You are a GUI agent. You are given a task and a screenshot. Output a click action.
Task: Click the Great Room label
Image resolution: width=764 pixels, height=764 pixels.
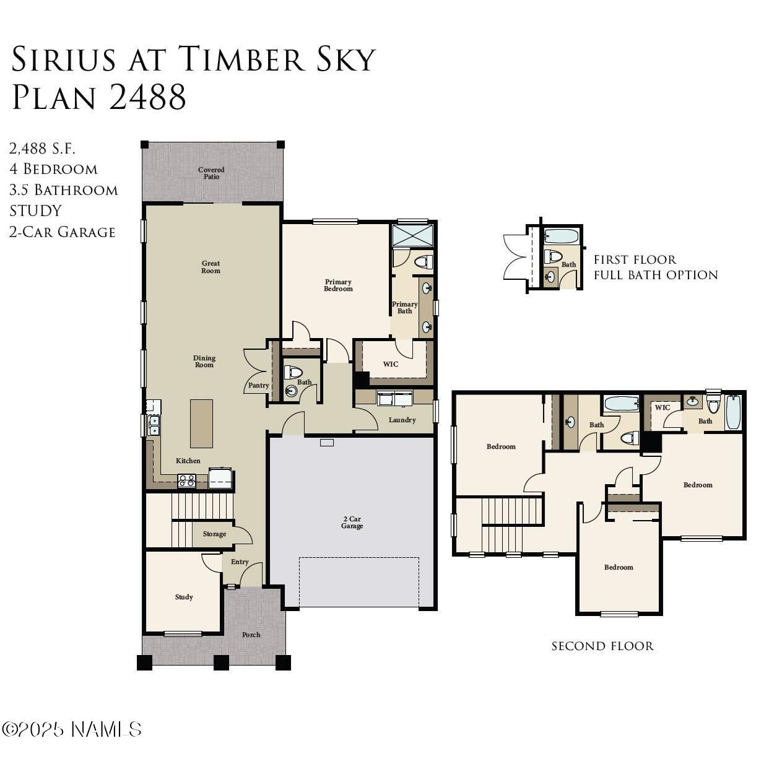point(211,267)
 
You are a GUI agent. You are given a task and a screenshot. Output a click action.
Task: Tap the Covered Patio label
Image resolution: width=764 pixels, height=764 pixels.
point(211,173)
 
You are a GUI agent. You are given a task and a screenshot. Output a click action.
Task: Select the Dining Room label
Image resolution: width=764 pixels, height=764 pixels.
point(204,361)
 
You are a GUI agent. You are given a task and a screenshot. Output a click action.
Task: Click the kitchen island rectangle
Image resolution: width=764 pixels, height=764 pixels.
point(201,423)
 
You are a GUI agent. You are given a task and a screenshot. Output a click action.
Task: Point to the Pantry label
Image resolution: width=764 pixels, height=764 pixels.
point(258,385)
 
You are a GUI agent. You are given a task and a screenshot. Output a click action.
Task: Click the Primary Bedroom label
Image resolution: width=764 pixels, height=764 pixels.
point(338,285)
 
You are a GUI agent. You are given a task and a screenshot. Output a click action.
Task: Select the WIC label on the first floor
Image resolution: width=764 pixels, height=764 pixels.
point(390,364)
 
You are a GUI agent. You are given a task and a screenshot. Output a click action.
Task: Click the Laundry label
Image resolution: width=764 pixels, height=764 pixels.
point(402,420)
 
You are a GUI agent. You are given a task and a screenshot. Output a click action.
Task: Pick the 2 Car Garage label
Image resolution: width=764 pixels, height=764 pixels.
point(352,523)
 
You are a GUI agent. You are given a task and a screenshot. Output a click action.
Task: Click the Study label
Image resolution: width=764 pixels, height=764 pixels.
point(184,597)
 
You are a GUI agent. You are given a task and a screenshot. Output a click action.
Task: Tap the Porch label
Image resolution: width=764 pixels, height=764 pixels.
point(251,635)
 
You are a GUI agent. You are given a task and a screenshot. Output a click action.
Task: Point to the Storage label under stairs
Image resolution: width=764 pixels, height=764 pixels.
point(214,534)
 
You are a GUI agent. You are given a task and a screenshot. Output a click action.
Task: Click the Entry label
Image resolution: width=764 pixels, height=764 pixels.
point(240,562)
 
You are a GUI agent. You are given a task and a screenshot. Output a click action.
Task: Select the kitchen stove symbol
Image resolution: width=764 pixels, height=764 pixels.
point(186,480)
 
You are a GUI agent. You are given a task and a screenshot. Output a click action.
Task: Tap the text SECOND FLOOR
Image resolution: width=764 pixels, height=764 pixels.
point(602,646)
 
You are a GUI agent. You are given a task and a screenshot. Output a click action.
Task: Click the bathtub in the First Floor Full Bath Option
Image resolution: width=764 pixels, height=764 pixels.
point(562,237)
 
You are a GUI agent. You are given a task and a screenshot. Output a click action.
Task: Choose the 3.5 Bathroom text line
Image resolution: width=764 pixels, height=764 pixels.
point(64,189)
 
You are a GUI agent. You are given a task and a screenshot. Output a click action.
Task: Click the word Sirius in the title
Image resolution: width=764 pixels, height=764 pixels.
point(64,59)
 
